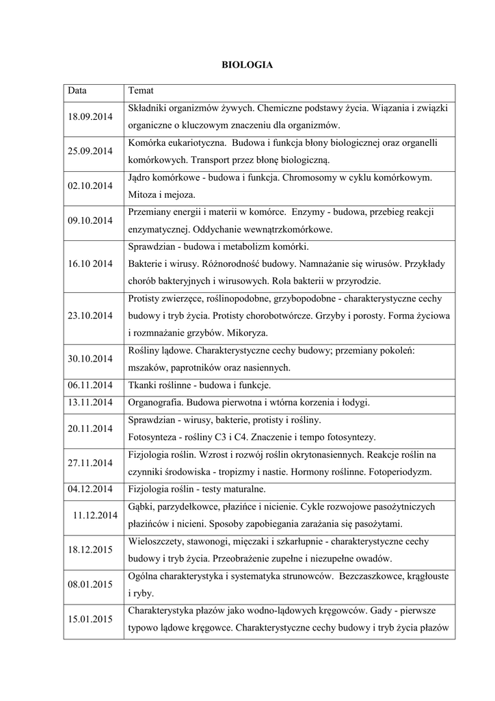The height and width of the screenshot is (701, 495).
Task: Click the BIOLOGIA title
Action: [247, 65]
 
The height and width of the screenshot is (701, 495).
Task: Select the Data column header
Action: [77, 90]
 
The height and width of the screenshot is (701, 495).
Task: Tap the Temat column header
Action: [141, 90]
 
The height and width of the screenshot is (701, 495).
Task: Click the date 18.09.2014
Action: [90, 117]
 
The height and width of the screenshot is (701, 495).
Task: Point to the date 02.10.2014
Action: [90, 186]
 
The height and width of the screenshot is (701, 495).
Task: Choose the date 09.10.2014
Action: [90, 220]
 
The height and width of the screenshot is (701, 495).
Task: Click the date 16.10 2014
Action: [90, 264]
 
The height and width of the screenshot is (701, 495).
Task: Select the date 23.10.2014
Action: [90, 316]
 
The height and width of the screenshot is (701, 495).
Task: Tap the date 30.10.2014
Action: [90, 359]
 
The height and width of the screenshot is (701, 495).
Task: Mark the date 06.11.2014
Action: [90, 385]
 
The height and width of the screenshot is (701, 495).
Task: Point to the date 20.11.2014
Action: [90, 429]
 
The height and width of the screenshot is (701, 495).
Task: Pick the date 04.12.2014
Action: [90, 489]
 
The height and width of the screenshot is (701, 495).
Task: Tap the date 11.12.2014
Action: [95, 515]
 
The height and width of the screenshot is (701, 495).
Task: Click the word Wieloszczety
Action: [155, 541]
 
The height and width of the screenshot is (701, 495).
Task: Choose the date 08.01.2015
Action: [90, 585]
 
